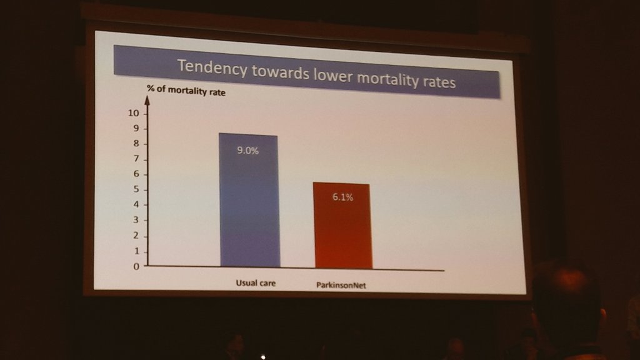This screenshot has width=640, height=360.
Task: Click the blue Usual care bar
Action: pos(249,200)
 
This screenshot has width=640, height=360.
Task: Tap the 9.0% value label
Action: pos(248,151)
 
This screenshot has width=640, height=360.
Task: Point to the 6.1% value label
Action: pos(342,197)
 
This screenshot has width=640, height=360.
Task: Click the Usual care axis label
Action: pos(255,283)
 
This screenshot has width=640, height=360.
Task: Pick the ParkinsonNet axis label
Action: pos(341,286)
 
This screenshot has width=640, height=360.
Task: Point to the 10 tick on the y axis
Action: pos(133,113)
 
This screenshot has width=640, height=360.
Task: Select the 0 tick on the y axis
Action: pos(137,266)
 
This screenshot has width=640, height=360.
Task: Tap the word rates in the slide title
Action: pos(437,81)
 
